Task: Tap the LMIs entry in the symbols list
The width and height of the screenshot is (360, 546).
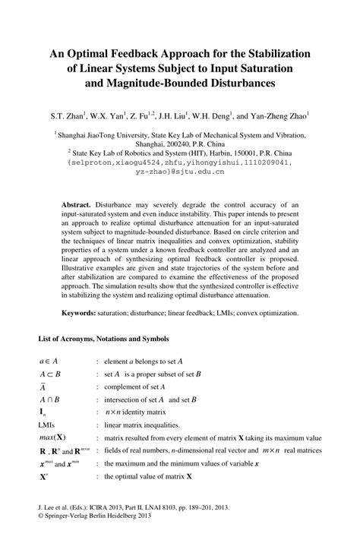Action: tap(48, 425)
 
